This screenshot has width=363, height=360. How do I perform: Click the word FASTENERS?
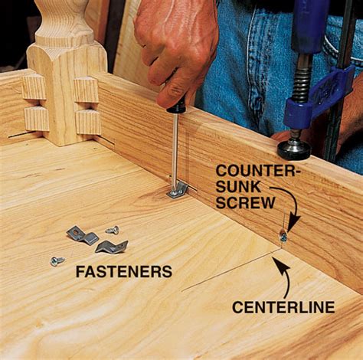[x=124, y=272]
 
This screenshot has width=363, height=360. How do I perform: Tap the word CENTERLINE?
[x=283, y=307]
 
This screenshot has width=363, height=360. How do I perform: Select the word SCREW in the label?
[x=247, y=203]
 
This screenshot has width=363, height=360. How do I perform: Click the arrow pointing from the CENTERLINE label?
[x=286, y=277]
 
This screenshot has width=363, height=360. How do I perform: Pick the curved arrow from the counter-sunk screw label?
[x=293, y=205]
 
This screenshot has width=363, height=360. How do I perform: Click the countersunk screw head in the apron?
[x=283, y=238]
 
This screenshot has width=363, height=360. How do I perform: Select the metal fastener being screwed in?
[x=178, y=190]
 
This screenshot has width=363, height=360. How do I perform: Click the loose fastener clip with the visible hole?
[x=82, y=235]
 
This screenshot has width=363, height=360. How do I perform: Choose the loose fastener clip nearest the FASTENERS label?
[x=111, y=247]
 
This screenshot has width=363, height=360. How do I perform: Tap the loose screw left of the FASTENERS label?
[x=57, y=261]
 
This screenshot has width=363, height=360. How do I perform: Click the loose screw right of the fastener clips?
[x=113, y=230]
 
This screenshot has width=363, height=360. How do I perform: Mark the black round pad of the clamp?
[x=294, y=150]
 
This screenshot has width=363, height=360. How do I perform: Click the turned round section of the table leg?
[x=64, y=21]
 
